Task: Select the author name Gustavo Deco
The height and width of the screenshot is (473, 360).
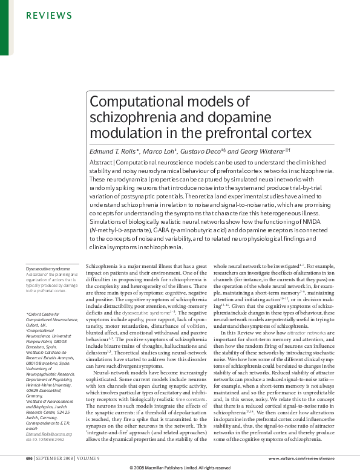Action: tap(202, 151)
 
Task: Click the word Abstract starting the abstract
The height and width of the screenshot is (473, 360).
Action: tap(102, 163)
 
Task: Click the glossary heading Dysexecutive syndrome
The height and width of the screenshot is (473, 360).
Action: tap(48, 267)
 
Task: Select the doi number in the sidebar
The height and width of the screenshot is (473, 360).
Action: tap(45, 440)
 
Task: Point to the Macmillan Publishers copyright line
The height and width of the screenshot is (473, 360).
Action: tap(180, 468)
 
